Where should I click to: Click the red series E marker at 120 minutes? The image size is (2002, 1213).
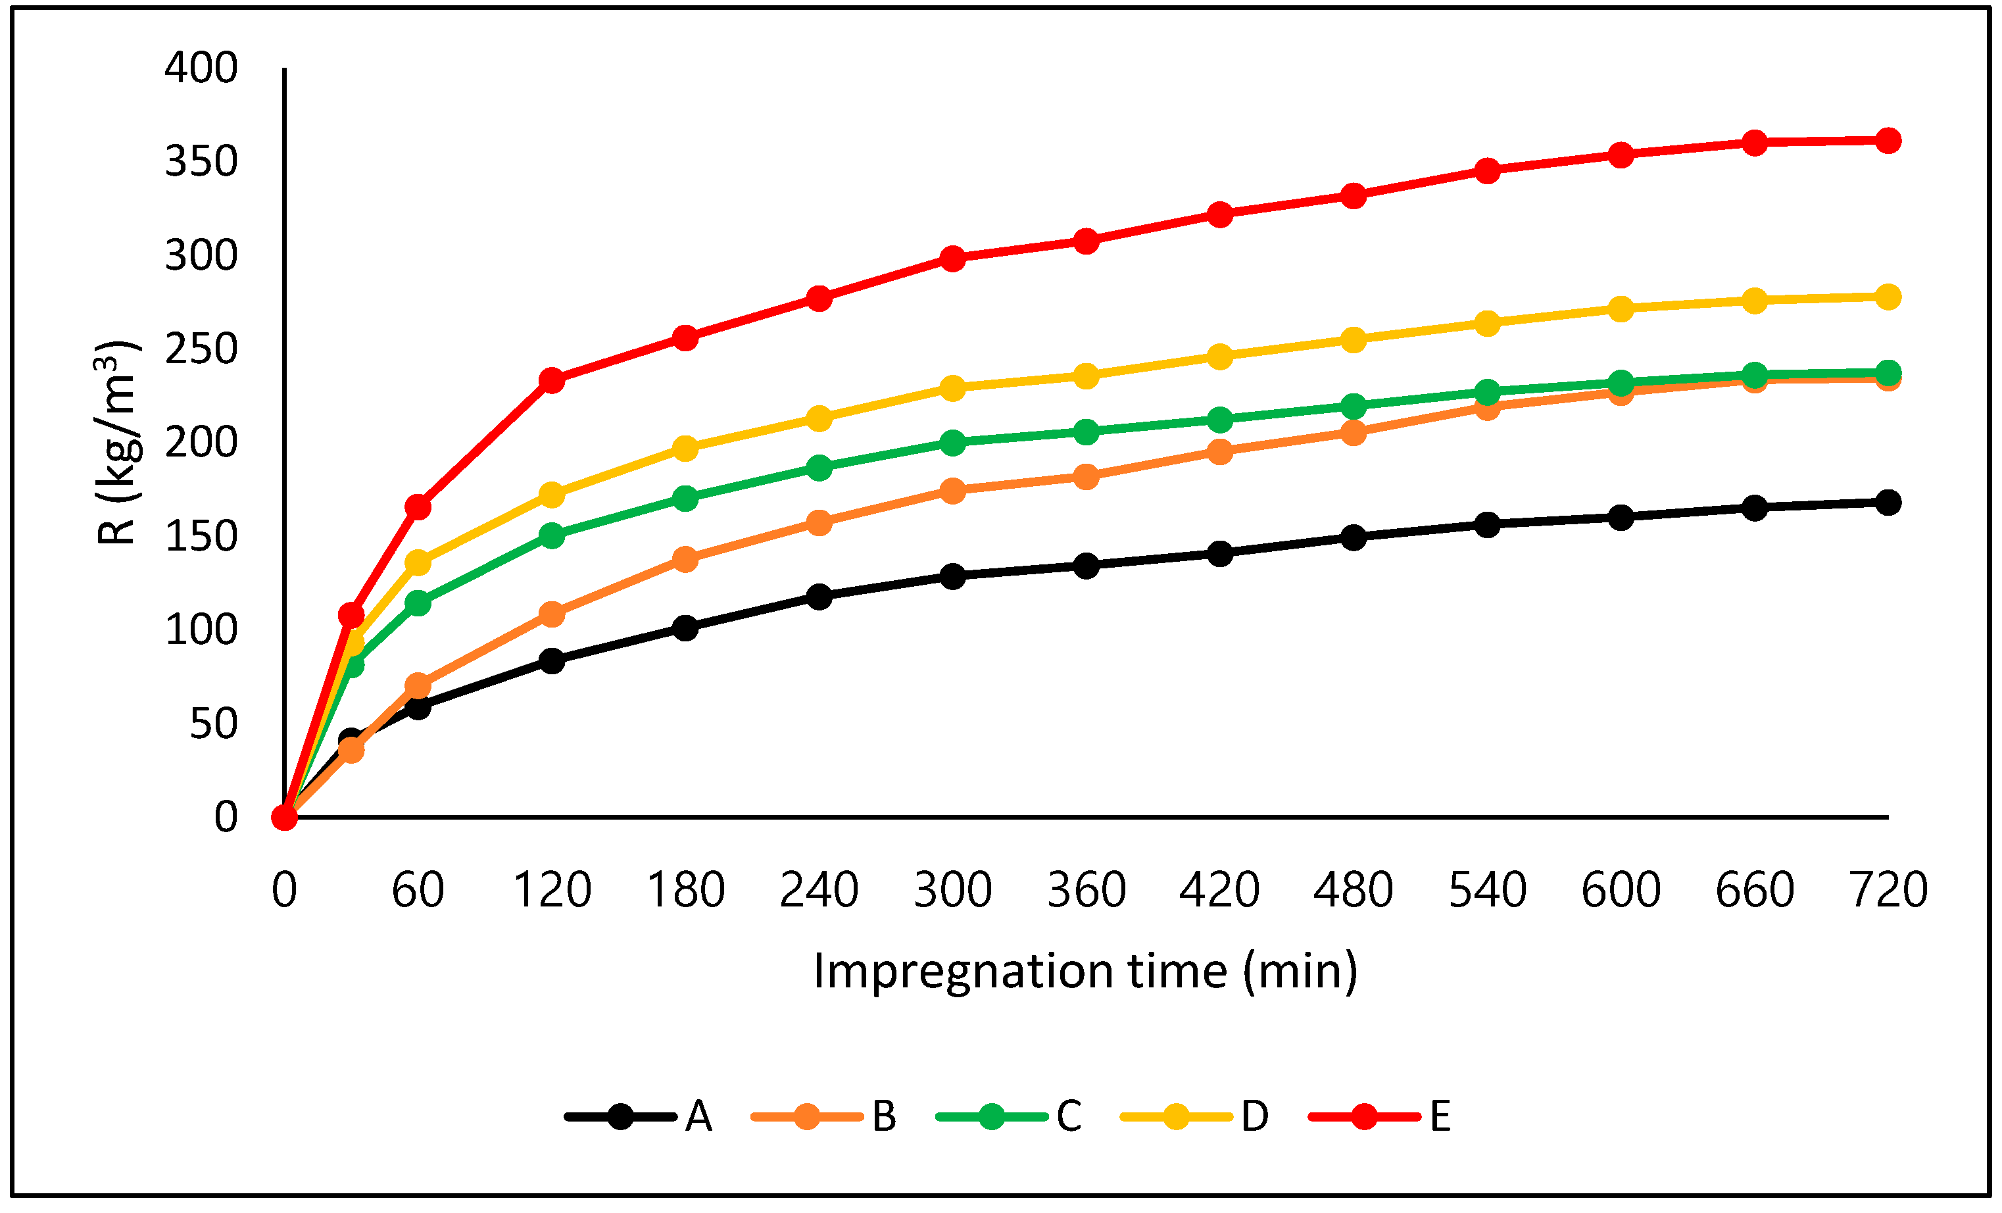(552, 380)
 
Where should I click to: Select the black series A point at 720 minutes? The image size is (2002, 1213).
(1888, 502)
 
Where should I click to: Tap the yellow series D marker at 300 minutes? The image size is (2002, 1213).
(952, 387)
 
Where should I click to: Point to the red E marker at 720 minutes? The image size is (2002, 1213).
(1888, 141)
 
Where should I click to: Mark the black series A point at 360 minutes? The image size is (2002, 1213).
(1086, 566)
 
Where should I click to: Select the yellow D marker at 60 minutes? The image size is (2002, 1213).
(418, 562)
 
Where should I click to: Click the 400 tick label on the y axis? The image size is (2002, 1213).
(201, 68)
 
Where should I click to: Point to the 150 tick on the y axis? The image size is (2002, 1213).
(201, 536)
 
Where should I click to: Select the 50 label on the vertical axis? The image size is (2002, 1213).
(213, 723)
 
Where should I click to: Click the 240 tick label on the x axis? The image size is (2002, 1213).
(818, 889)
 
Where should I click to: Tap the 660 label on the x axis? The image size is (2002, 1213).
(1754, 889)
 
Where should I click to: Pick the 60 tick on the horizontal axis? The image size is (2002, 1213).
(418, 889)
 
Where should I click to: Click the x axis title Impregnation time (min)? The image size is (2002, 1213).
(1085, 971)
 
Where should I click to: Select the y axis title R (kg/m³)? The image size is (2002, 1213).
(115, 443)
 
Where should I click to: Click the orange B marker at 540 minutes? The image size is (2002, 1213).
(1487, 407)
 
